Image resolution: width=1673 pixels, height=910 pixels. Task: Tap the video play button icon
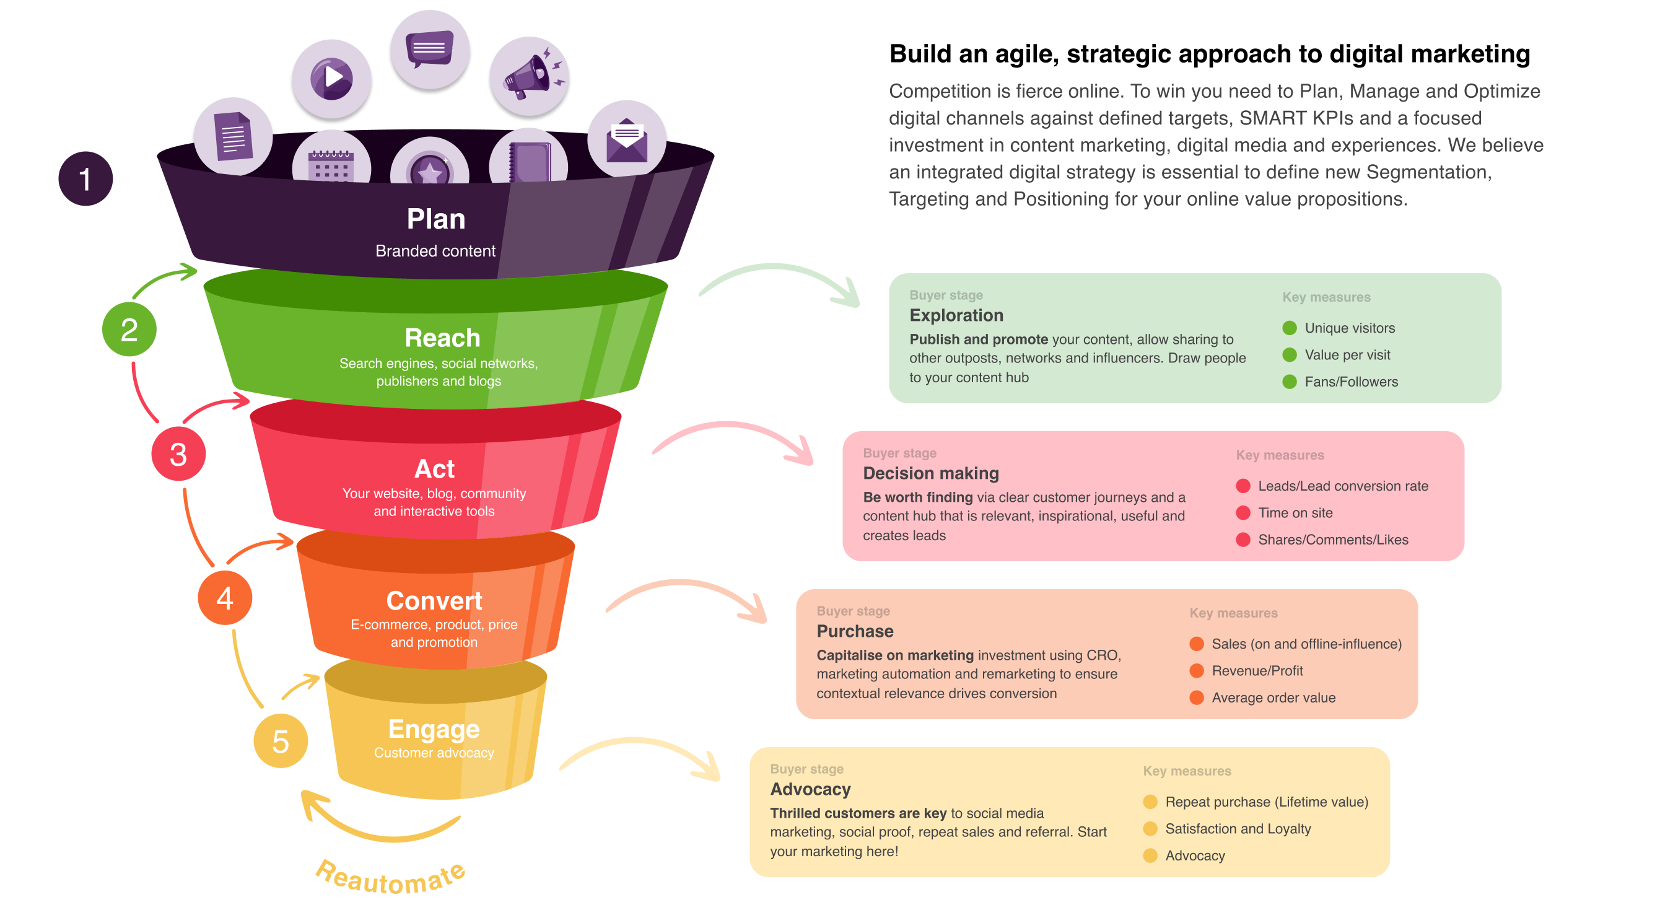(331, 79)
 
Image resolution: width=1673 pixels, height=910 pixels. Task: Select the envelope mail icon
(627, 139)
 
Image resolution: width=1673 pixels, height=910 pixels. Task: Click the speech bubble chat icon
(429, 49)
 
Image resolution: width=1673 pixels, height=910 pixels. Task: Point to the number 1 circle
(85, 178)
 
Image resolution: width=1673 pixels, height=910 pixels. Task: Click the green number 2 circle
(129, 330)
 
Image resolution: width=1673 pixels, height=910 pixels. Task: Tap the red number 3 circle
(178, 453)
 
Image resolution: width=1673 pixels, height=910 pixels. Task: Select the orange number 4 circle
(225, 598)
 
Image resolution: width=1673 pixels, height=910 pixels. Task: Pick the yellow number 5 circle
(281, 741)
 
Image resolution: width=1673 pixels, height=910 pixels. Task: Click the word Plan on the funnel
(436, 219)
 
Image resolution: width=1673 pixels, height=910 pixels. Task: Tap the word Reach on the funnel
(442, 338)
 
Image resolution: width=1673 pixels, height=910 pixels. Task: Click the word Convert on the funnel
(434, 601)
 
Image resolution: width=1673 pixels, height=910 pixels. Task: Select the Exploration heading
(956, 316)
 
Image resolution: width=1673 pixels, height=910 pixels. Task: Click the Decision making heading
(931, 473)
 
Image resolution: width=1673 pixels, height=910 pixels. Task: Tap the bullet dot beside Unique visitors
(1290, 328)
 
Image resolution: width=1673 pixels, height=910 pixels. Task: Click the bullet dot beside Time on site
(1243, 513)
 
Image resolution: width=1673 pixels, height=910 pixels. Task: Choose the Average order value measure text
(1273, 698)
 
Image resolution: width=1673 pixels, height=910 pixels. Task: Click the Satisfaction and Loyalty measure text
(1238, 829)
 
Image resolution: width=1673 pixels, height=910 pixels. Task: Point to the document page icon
(233, 136)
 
